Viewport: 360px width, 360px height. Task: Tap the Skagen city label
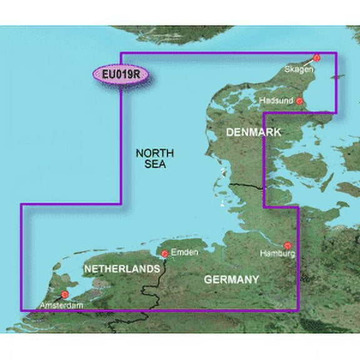click(x=298, y=70)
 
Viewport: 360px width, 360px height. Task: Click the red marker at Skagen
click(x=316, y=57)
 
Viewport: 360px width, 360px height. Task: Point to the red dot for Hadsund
click(x=299, y=101)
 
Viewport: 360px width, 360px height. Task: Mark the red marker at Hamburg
click(x=287, y=246)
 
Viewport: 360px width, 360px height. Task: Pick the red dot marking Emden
click(x=164, y=253)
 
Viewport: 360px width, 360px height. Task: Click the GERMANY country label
click(x=231, y=279)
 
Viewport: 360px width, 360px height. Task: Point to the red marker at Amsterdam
click(x=64, y=293)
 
